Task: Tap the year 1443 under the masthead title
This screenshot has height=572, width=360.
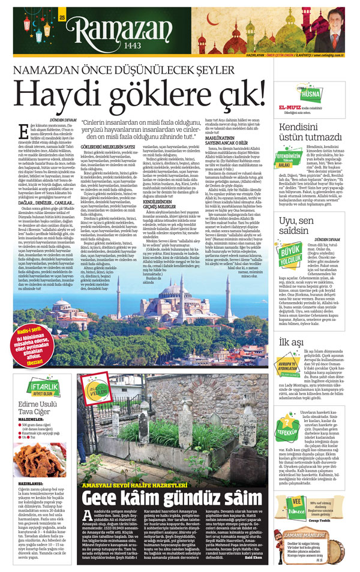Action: click(119, 47)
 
